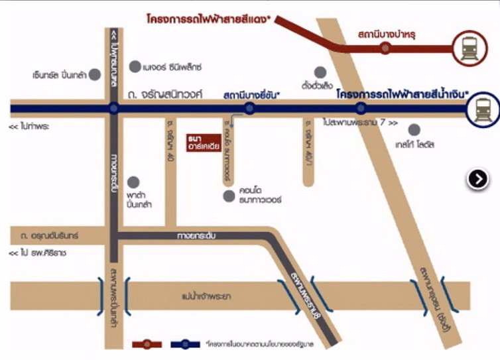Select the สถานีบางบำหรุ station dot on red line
385,48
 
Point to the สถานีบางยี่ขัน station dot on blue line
249,109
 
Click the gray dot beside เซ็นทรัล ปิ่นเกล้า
95,74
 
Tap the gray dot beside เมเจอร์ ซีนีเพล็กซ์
135,66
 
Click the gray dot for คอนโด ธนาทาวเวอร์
229,196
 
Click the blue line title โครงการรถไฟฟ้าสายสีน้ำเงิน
402,95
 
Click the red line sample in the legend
147,344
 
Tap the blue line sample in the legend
186,344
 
